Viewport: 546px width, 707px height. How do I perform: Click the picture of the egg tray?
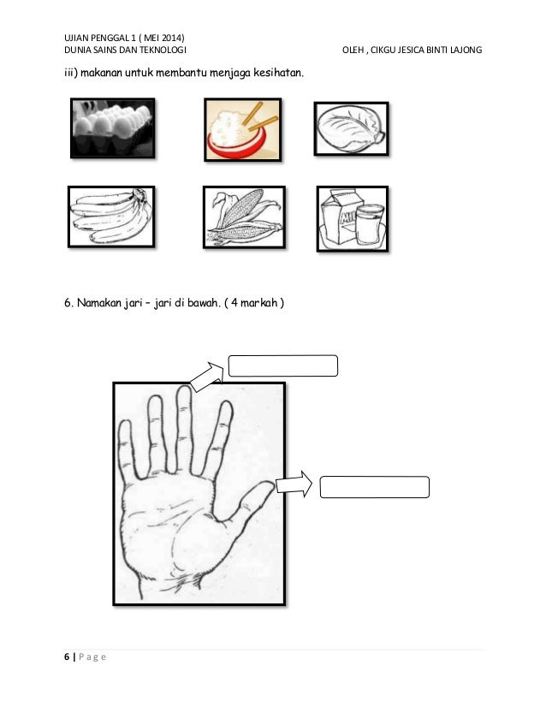113,128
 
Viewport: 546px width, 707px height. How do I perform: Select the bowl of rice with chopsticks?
242,129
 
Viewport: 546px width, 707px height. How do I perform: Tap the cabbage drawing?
351,128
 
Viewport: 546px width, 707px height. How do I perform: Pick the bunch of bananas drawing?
111,217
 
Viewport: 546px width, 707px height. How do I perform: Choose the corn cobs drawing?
244,217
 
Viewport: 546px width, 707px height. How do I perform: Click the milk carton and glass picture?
352,218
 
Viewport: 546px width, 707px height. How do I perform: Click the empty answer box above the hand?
283,365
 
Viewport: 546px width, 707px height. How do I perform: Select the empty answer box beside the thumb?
375,487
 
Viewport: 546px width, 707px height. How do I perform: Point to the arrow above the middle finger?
207,376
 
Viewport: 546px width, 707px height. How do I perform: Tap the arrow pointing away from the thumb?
294,484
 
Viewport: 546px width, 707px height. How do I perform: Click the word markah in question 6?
258,302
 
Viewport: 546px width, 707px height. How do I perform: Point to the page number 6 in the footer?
67,656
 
